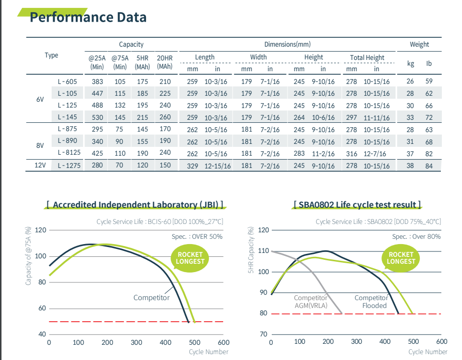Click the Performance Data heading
88,17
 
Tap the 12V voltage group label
40,166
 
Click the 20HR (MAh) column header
165,62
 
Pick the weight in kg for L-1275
410,166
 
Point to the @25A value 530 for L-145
97,117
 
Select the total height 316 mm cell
351,154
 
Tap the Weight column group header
419,44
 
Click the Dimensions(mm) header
288,44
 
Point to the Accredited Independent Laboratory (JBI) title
135,204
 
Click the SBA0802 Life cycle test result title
357,204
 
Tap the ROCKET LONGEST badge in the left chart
190,258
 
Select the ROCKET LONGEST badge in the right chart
401,258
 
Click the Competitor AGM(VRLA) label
310,302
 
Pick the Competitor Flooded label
371,302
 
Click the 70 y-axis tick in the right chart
263,334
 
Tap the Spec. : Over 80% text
416,236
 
